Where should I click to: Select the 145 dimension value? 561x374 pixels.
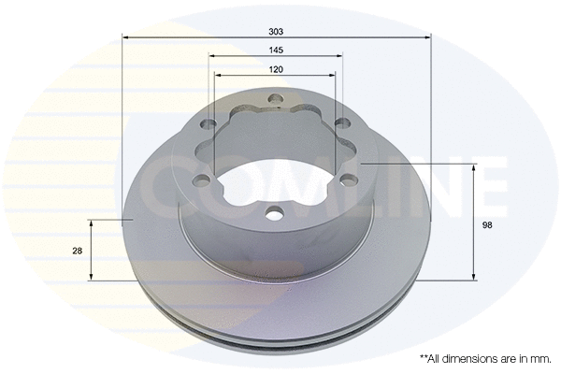pyautogui.click(x=278, y=50)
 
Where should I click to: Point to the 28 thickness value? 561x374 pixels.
pyautogui.click(x=77, y=251)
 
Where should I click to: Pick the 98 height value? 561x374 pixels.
pyautogui.click(x=488, y=224)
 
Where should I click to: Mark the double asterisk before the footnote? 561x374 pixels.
pyautogui.click(x=424, y=358)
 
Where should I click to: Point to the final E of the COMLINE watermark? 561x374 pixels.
pyautogui.click(x=487, y=187)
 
